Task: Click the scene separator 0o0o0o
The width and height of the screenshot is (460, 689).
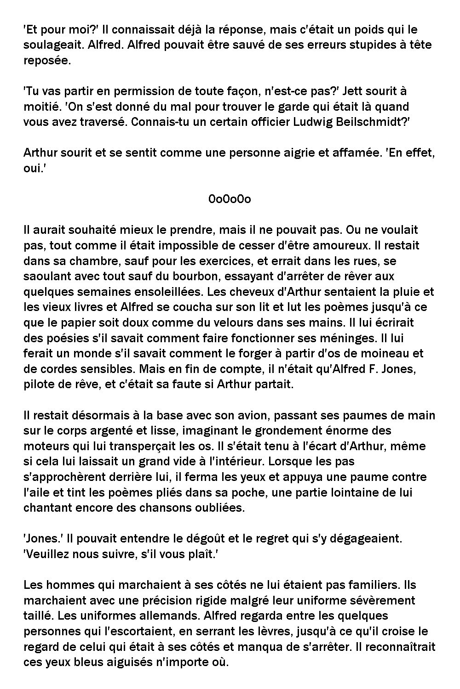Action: click(x=230, y=199)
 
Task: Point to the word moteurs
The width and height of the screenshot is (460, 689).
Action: click(x=44, y=446)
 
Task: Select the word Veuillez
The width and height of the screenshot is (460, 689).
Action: click(x=42, y=554)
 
